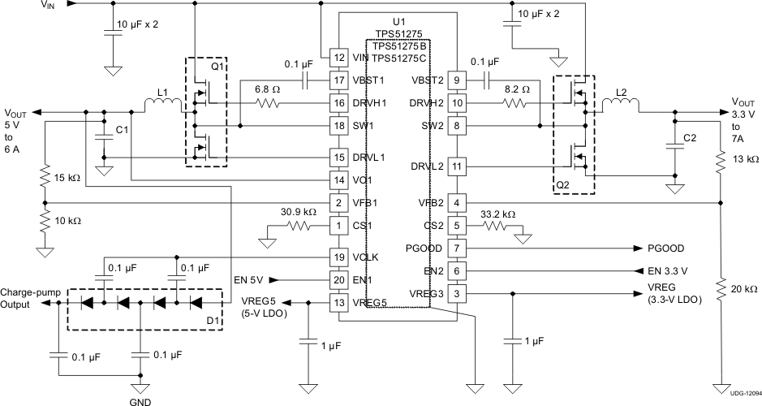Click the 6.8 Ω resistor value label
tap(269, 89)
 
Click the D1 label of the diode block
tap(213, 321)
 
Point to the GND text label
tap(140, 400)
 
